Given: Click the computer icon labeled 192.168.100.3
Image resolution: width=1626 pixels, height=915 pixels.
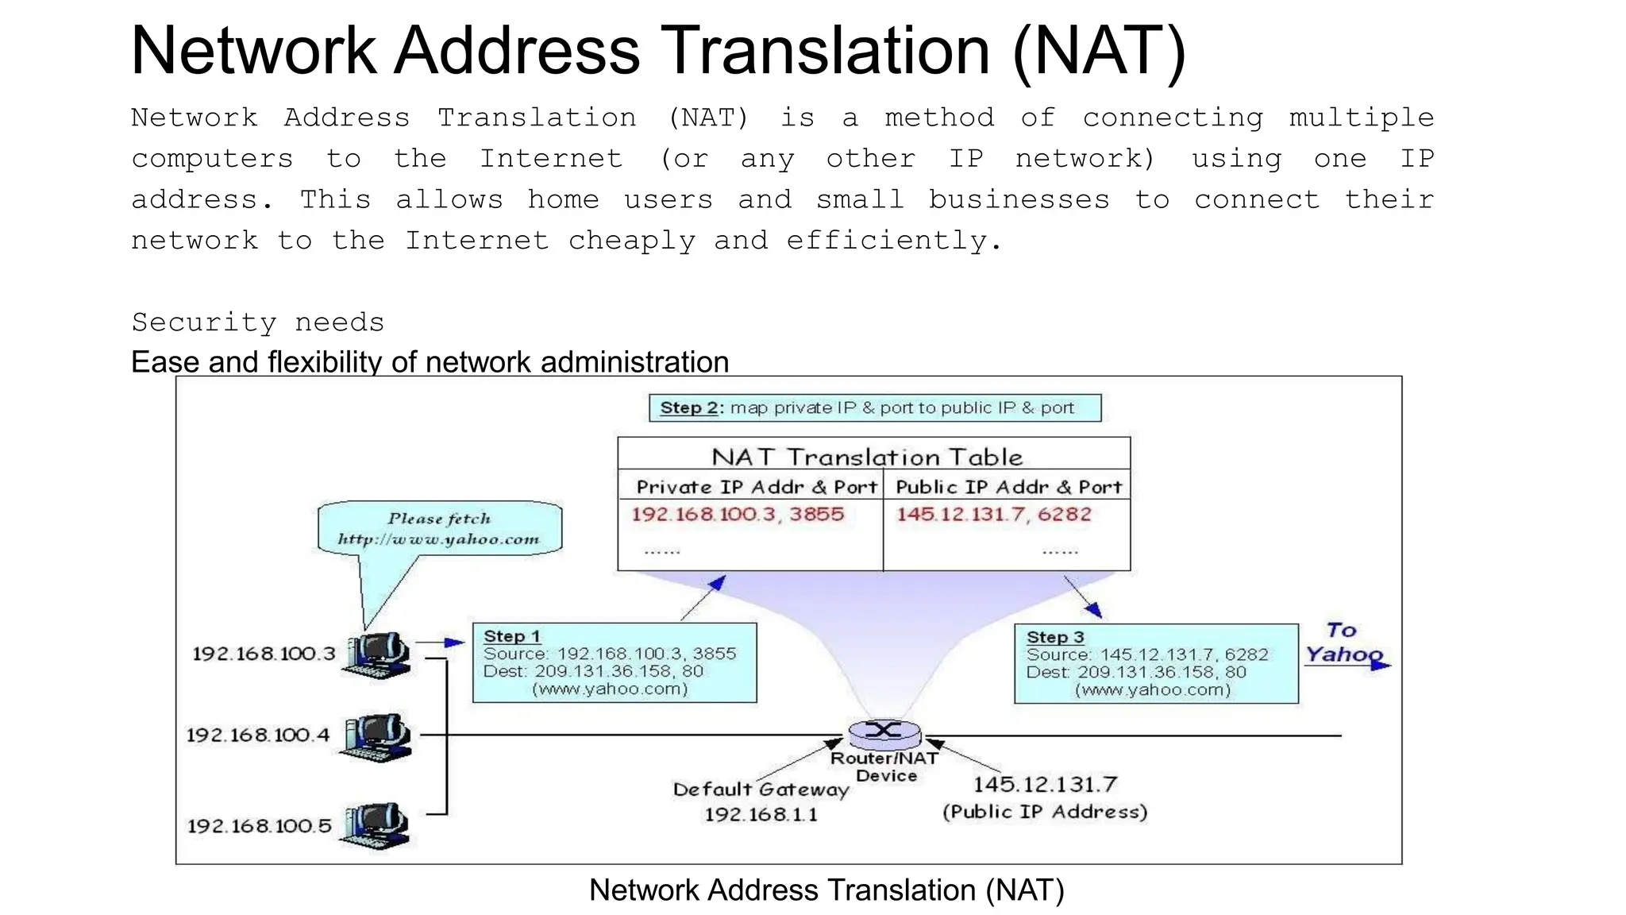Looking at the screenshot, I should point(377,655).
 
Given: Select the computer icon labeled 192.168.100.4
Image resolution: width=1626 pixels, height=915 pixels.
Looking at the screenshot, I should point(377,737).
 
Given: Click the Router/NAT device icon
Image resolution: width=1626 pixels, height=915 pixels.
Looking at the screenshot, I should point(884,731).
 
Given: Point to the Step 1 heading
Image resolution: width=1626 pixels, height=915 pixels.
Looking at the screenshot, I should point(512,636).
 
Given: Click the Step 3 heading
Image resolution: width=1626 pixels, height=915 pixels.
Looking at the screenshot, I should point(1054,637).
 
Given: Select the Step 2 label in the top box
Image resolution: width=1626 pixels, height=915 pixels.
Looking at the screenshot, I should point(690,408).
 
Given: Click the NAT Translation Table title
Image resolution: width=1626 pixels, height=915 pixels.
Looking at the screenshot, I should point(867,457).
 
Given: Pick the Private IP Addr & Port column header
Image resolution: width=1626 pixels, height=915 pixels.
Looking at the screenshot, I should point(756,487).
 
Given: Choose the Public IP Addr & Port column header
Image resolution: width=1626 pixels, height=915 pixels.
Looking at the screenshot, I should point(1008,487).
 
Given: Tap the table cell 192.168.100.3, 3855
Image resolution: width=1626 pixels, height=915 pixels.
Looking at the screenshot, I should point(738,515).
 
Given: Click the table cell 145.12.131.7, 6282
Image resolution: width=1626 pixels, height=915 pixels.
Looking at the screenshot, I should point(994,515).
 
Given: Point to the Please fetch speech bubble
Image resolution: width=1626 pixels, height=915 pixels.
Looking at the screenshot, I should point(439,528).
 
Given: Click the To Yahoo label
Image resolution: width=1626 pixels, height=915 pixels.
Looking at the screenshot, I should point(1343,643).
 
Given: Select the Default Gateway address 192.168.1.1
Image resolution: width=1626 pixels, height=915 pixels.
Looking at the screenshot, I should point(761,814).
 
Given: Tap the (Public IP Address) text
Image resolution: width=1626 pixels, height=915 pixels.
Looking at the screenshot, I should point(1045,812).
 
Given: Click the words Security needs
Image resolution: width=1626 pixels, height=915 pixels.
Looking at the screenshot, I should point(257,322).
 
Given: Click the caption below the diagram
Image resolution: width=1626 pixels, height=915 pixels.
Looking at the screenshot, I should point(826,890).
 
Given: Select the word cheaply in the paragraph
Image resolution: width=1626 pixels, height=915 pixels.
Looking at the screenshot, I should point(631,241).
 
